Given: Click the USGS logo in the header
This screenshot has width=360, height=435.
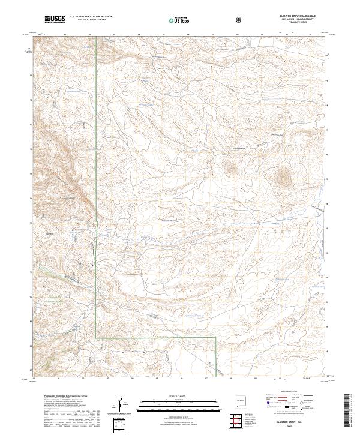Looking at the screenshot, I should [55, 19].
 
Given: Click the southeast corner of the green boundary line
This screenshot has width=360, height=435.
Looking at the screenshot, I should [216, 338].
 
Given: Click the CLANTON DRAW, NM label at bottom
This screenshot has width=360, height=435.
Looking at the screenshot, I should [289, 421].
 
